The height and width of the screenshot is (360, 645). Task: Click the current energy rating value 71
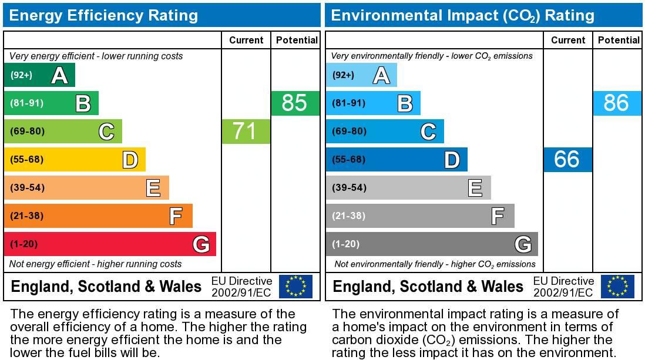[x=246, y=131]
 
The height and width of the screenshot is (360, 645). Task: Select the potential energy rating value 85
[x=295, y=103]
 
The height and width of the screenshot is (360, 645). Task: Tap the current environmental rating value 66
[x=567, y=159]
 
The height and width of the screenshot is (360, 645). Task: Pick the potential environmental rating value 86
[x=617, y=103]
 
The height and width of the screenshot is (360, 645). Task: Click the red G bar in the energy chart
[x=110, y=244]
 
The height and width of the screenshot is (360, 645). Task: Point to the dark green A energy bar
[x=39, y=75]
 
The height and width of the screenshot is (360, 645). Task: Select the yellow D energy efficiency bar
[x=75, y=159]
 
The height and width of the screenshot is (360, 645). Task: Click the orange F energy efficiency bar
[x=98, y=216]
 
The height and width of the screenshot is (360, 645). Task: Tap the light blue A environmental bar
[x=361, y=75]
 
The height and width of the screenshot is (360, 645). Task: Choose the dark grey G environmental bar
[x=432, y=244]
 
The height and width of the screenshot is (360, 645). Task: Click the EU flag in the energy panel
[x=295, y=287]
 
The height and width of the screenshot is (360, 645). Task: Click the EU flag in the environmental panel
[x=617, y=287]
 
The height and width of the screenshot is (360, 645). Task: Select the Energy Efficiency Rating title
[x=103, y=15]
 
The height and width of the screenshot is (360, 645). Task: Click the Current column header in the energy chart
[x=246, y=40]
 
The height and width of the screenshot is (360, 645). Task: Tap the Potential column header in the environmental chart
[x=619, y=40]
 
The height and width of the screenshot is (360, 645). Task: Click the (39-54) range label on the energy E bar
[x=27, y=187]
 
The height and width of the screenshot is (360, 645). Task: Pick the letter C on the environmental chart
[x=428, y=132]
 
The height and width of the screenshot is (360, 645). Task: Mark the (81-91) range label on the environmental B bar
[x=349, y=103]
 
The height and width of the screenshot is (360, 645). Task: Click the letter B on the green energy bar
[x=83, y=103]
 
